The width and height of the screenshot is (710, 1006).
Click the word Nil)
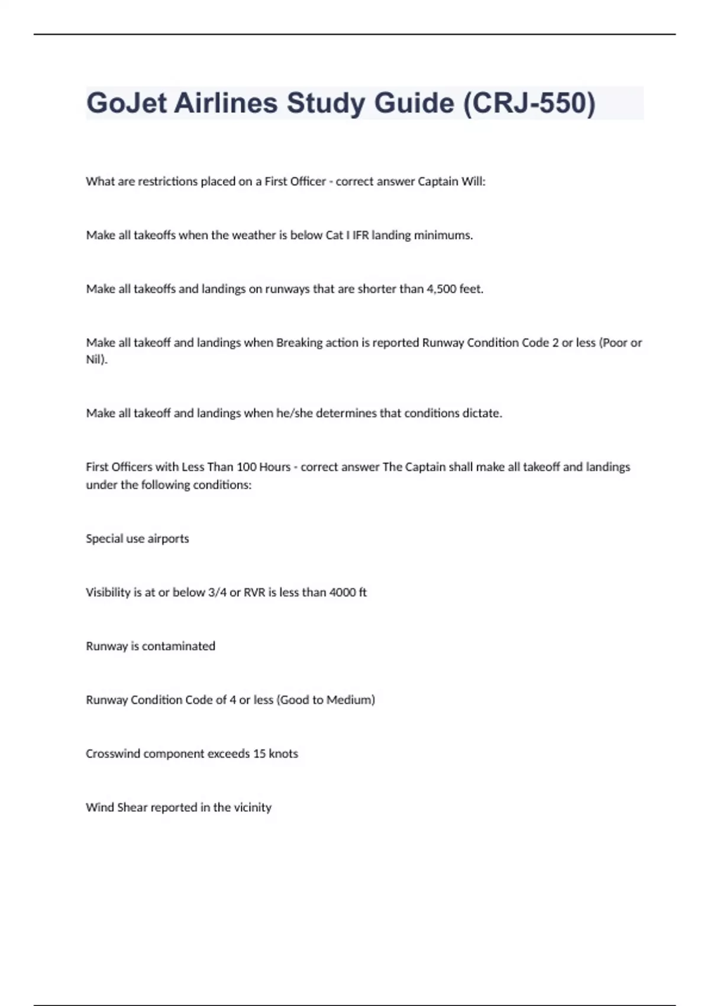97,359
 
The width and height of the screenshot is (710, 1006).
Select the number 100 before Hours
246,467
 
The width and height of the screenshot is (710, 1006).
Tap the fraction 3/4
217,592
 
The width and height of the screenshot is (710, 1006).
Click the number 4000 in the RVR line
343,592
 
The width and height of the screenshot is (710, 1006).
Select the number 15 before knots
259,754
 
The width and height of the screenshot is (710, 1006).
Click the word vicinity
252,808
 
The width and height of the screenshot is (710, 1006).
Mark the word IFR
360,235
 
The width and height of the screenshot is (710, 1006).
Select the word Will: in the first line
473,182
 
